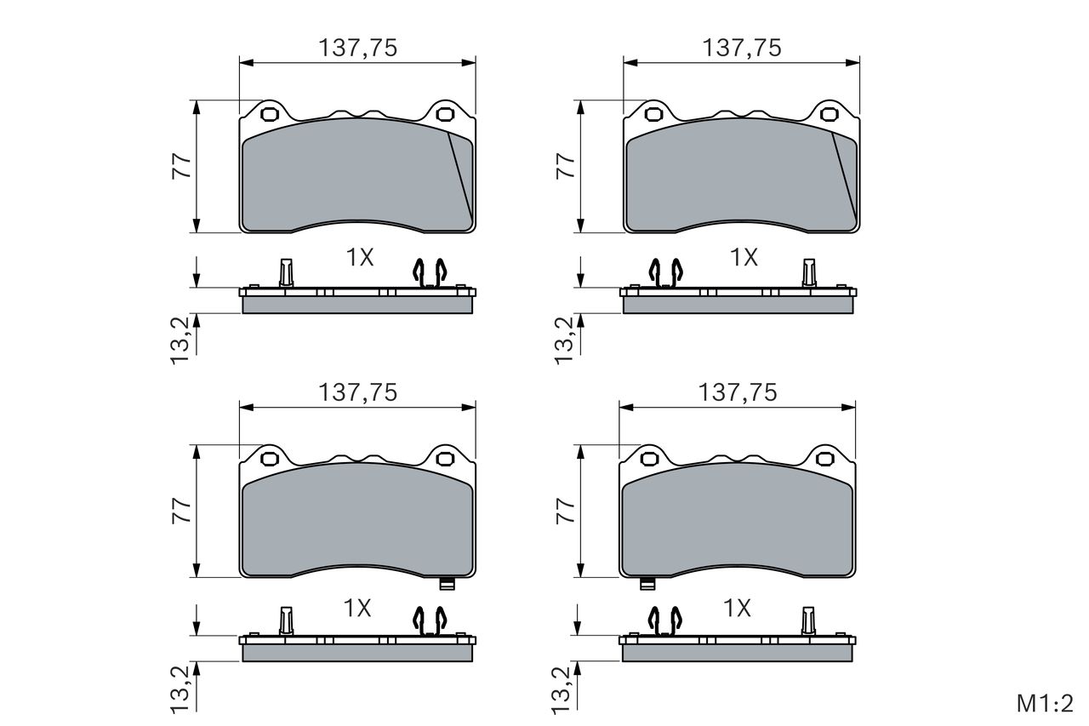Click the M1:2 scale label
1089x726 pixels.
click(x=1045, y=703)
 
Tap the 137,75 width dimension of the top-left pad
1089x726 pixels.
click(x=358, y=48)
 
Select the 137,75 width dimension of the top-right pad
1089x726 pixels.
click(x=742, y=48)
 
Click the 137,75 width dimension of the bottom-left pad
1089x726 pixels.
click(x=358, y=392)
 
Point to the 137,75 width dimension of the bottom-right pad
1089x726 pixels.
click(x=738, y=392)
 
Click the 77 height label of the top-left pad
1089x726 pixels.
click(x=181, y=166)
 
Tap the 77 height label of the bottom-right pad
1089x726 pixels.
click(x=566, y=511)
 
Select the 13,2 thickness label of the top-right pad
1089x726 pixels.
click(x=564, y=340)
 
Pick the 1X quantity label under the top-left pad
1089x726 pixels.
click(x=360, y=257)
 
